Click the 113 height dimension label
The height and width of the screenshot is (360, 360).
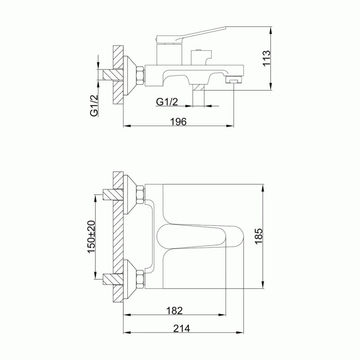coord(266,58)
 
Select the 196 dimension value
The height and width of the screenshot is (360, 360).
coord(178,121)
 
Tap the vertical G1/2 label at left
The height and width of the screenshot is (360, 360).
coord(94,106)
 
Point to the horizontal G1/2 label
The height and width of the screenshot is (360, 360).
coord(167,102)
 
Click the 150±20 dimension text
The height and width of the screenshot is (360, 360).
coord(91,236)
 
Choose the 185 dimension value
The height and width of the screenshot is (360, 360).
coord(258,236)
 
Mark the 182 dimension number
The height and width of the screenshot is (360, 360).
coord(175,310)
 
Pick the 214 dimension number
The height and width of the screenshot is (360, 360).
coord(182,328)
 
